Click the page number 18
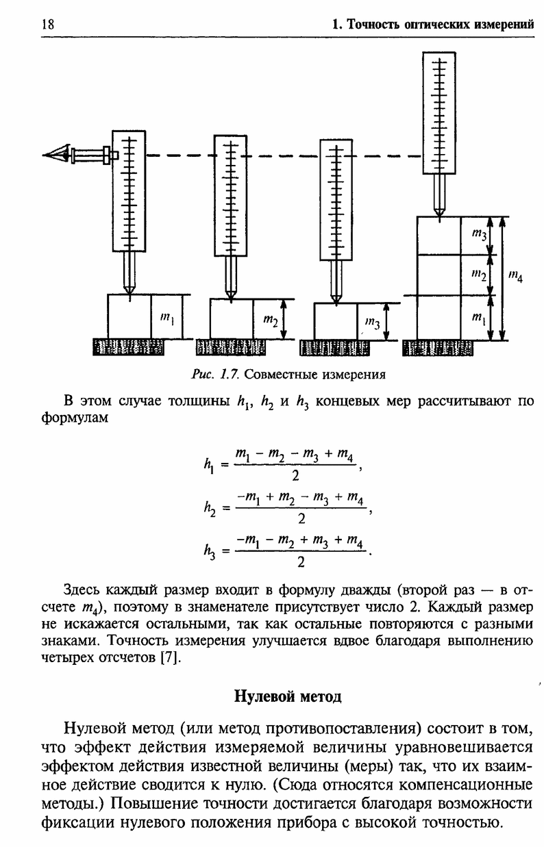click(x=48, y=24)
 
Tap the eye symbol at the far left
click(x=56, y=154)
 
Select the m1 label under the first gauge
click(x=167, y=319)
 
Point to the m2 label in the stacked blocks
click(x=479, y=275)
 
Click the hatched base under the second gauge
click(x=230, y=348)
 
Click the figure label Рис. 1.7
click(x=215, y=375)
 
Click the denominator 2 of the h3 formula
click(x=301, y=562)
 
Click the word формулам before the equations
click(x=75, y=418)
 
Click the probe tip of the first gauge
click(x=129, y=294)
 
